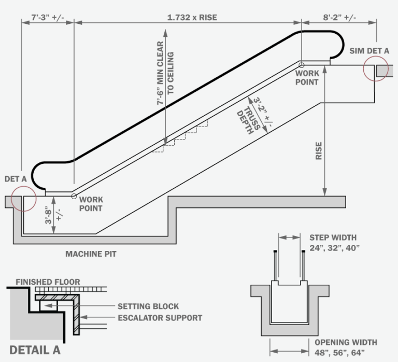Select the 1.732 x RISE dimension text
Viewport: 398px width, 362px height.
(192, 17)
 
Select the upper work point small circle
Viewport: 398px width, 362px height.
(302, 65)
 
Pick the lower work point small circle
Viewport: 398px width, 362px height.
(74, 196)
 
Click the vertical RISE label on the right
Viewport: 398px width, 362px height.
(318, 151)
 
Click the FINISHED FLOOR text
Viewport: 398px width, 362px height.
(48, 282)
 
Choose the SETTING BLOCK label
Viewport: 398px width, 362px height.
(148, 307)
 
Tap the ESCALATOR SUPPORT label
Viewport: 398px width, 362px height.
(160, 317)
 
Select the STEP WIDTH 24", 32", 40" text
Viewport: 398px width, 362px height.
(333, 242)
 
